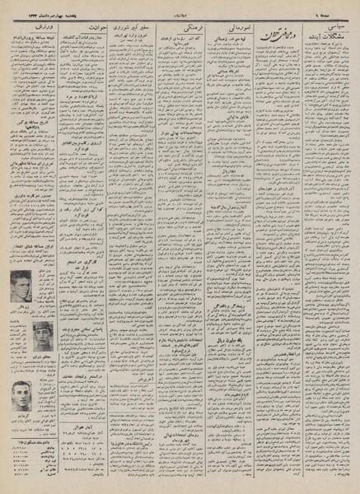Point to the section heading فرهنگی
180,29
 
